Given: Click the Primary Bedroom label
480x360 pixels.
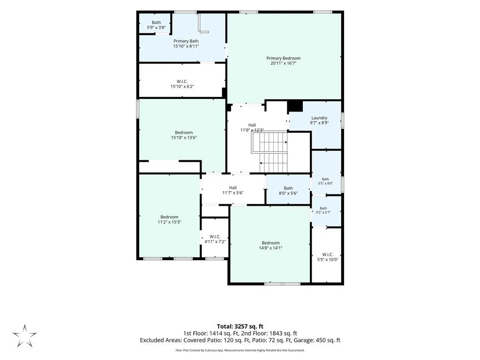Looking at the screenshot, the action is click(284, 60).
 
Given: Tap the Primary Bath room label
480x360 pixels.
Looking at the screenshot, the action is click(186, 44).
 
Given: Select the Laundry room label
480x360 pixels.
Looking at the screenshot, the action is click(319, 120).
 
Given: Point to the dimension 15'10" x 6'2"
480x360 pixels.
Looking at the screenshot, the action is click(182, 87).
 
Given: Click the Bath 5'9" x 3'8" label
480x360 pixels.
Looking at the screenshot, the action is click(156, 25).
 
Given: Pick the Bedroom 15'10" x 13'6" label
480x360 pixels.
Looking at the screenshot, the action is click(184, 135).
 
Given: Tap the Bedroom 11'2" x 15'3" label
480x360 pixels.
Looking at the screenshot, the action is click(169, 219).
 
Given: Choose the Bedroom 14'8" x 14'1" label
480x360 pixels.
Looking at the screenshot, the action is click(270, 246).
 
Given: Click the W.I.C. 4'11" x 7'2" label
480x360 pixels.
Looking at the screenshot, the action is click(215, 239).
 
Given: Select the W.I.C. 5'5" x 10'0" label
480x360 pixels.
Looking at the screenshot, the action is click(328, 257).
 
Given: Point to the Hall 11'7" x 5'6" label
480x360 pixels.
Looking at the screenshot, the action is click(232, 190).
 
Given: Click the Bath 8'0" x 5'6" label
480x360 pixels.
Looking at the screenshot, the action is click(288, 191).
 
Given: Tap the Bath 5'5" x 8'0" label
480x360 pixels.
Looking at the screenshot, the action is click(325, 181).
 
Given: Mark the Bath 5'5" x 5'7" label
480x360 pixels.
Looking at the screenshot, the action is click(323, 210).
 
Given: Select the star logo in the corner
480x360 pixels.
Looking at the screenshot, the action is click(24, 336).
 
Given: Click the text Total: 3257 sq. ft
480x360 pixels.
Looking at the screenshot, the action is click(240, 326).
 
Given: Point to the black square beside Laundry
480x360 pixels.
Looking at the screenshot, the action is click(295, 106).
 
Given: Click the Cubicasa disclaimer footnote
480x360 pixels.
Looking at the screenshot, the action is click(240, 350).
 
